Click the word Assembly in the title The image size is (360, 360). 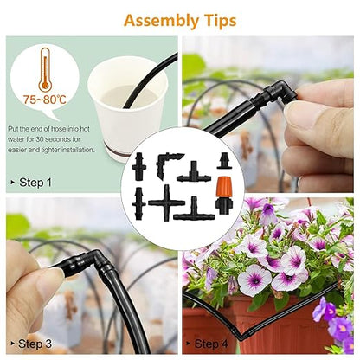pyautogui.click(x=161, y=22)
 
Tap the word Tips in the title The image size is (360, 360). pyautogui.click(x=220, y=20)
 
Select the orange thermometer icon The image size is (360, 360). pyautogui.click(x=45, y=69)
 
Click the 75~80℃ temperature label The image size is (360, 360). pyautogui.click(x=45, y=100)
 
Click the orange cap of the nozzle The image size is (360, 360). pyautogui.click(x=224, y=186)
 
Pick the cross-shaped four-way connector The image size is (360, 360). pyautogui.click(x=166, y=202)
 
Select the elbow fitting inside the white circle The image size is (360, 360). pyautogui.click(x=167, y=164)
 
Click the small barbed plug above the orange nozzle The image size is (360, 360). pyautogui.click(x=223, y=161)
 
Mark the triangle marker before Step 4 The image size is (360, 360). pyautogui.click(x=188, y=344)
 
